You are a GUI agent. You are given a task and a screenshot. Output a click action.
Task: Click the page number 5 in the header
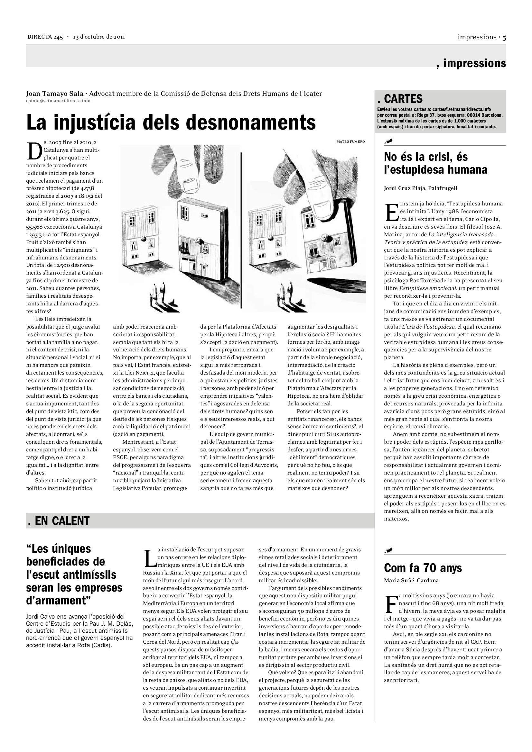(x=504, y=37)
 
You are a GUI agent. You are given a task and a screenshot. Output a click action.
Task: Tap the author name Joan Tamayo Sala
(x=54, y=94)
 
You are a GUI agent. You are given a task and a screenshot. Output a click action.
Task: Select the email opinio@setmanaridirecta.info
(x=58, y=101)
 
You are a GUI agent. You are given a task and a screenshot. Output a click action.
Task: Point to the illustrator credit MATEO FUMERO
(x=350, y=141)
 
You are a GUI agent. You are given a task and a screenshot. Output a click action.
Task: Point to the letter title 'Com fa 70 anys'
(x=423, y=567)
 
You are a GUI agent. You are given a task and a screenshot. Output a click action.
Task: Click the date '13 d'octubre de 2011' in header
(x=99, y=37)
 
